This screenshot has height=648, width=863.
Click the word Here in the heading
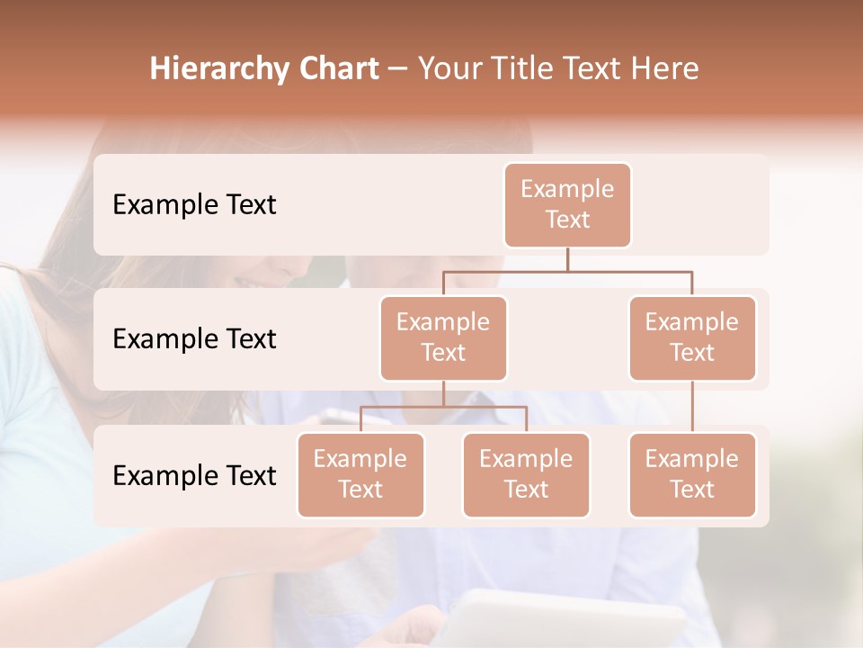(666, 69)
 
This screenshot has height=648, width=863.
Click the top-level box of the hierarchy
(567, 204)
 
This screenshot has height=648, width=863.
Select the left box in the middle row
(443, 337)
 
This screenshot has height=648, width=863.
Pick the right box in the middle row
(692, 337)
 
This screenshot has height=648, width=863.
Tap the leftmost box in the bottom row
(360, 474)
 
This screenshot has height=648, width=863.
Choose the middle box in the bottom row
(526, 474)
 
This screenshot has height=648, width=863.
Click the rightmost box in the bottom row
(692, 474)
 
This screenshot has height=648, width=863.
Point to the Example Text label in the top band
(194, 205)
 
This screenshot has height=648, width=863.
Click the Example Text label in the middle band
(194, 339)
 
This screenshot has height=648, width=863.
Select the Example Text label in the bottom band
(194, 475)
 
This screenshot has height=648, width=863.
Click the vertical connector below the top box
(567, 259)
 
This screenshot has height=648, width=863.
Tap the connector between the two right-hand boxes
(692, 407)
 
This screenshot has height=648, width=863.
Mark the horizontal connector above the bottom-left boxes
(443, 407)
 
